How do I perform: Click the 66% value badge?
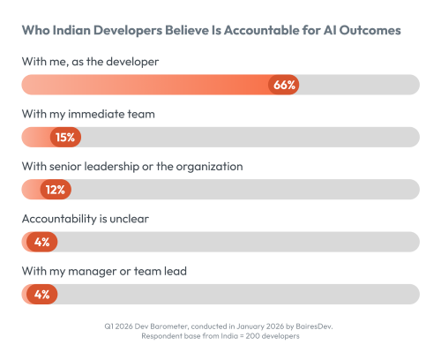click(x=284, y=85)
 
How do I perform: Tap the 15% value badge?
click(x=65, y=137)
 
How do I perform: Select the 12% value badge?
click(x=56, y=189)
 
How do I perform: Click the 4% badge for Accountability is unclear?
click(x=42, y=241)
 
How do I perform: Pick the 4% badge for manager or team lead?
click(x=42, y=293)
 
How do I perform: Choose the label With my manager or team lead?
click(x=101, y=271)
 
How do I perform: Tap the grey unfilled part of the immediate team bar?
click(x=247, y=137)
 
